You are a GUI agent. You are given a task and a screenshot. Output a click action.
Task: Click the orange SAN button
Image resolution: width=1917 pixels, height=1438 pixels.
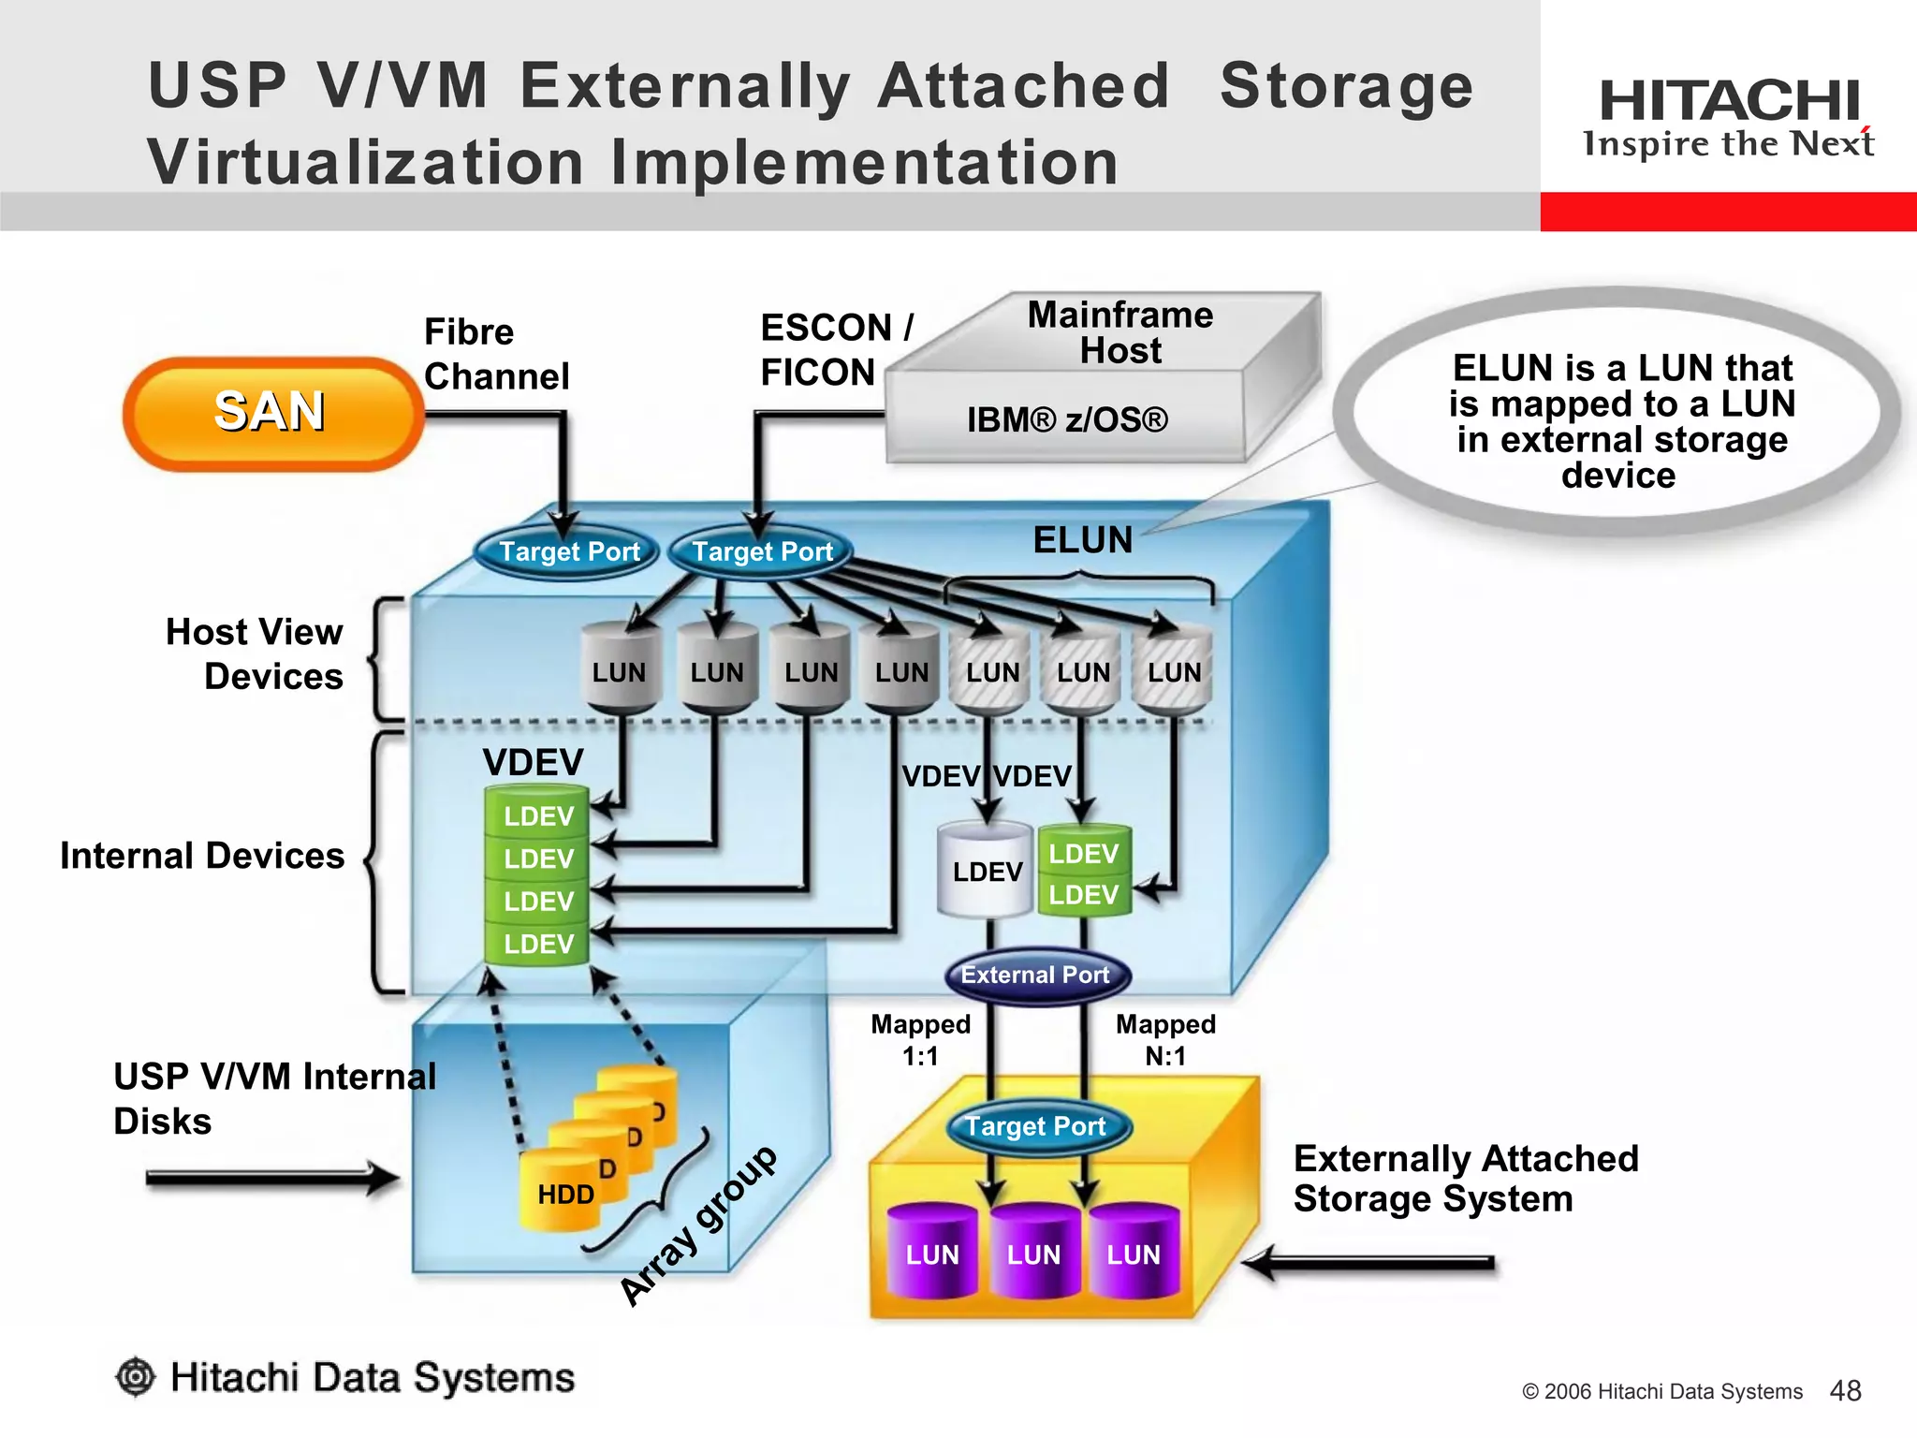point(272,413)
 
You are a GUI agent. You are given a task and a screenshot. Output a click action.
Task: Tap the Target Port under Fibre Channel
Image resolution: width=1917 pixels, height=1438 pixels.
point(568,551)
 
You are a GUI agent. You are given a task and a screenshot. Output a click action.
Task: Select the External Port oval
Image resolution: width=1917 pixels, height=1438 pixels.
point(1036,976)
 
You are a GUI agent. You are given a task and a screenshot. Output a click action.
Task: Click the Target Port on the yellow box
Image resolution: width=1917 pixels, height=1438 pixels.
point(1036,1126)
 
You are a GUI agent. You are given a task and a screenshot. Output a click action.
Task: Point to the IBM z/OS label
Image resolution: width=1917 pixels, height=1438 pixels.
point(1067,419)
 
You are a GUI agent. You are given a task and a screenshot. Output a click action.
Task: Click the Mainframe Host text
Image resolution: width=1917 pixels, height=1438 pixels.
point(1119,332)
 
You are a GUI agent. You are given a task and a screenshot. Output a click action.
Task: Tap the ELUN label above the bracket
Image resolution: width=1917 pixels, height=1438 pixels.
point(1082,540)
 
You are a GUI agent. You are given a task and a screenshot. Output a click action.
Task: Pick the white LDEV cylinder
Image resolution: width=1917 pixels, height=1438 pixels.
point(987,871)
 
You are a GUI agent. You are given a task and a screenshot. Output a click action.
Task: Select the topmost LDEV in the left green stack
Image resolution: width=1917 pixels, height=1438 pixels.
point(537,815)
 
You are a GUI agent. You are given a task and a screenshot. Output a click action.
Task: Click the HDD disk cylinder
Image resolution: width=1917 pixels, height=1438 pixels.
point(564,1194)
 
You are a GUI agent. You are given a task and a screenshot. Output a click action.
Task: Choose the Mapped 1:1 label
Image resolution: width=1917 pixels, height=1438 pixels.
point(920,1040)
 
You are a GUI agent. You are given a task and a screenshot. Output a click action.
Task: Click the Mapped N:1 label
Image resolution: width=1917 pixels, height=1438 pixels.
point(1165,1040)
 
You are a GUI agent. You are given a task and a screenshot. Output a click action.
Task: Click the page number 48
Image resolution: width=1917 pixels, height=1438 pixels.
point(1845,1391)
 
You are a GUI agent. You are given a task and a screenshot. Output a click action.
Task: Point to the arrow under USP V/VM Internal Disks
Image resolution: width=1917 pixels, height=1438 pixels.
point(271,1178)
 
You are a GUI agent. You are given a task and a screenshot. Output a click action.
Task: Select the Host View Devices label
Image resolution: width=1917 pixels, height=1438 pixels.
point(255,653)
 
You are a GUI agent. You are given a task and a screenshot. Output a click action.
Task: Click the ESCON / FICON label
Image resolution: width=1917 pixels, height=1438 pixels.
point(835,350)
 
